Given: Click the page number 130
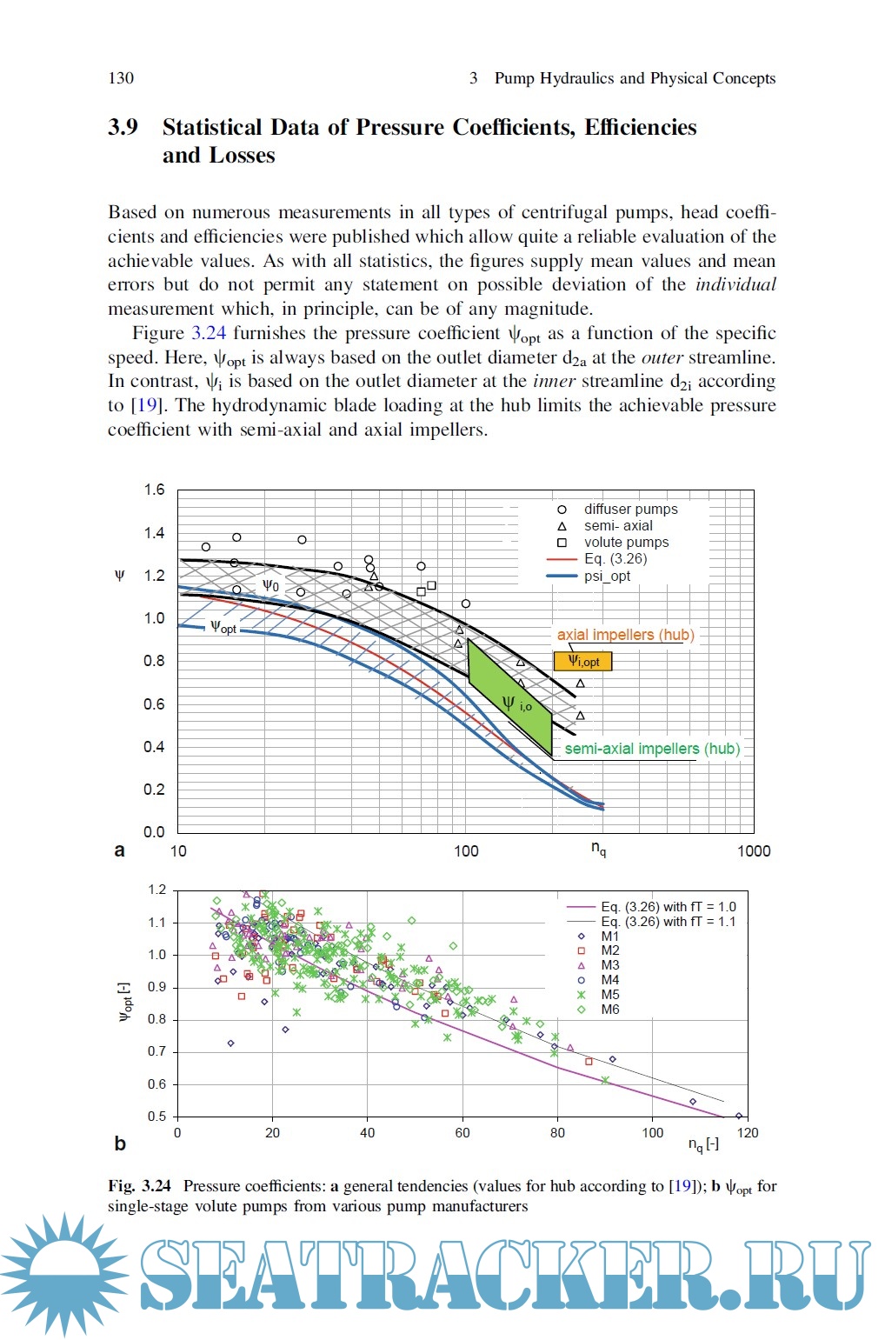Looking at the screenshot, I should pos(121,78).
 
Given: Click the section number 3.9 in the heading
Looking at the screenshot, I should pos(123,128).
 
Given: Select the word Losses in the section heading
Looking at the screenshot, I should pos(243,156).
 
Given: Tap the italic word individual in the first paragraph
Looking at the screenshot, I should pos(735,284).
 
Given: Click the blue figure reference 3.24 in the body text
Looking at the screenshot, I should pos(209,333).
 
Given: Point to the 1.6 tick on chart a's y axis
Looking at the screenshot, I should pos(154,490).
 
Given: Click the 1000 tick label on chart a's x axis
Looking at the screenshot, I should pos(753,851).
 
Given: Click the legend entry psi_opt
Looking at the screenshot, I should pos(607,576).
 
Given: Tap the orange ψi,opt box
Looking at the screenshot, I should pos(583,662).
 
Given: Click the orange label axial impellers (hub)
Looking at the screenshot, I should pos(625,635).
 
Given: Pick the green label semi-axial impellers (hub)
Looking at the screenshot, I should pos(652,749).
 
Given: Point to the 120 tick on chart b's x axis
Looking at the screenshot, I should pos(747,1133).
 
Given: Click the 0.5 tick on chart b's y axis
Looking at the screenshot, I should pos(156,1117).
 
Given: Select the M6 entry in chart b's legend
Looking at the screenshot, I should pos(609,1010).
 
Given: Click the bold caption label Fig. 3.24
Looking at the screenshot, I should pos(139,1186).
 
